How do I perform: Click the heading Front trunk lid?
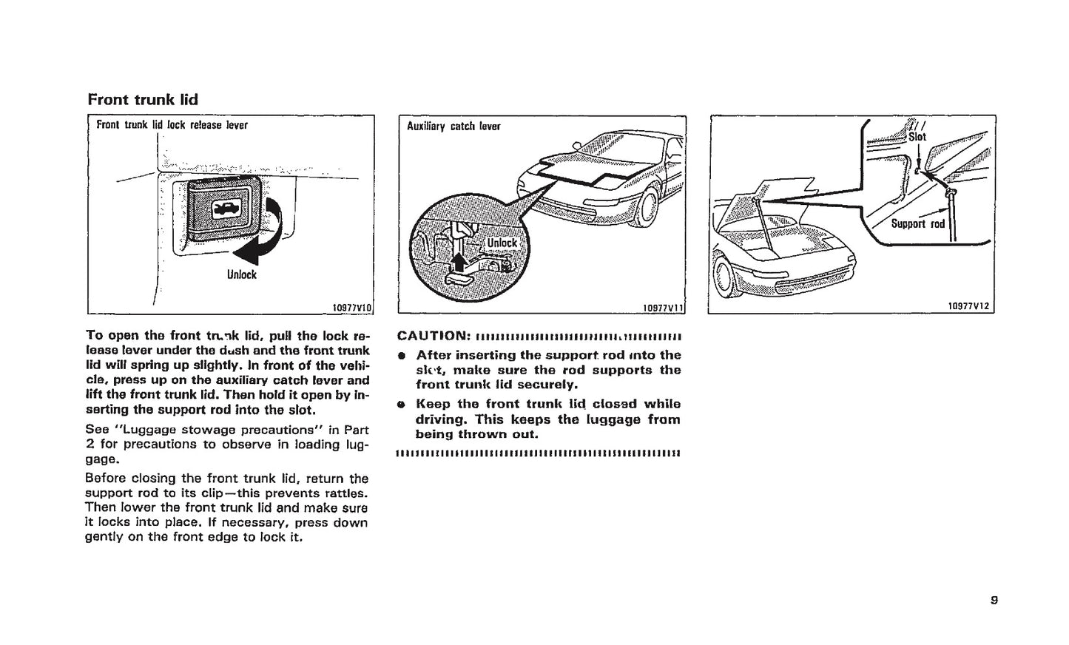143,99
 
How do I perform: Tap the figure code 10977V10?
351,307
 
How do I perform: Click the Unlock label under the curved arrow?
242,274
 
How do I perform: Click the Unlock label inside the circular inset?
502,243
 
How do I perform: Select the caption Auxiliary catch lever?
453,126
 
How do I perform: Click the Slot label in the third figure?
917,137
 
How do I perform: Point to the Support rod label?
917,223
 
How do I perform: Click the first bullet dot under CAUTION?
402,356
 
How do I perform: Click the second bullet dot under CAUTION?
402,405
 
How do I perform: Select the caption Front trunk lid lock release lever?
172,125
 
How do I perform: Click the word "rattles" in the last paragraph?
345,493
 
